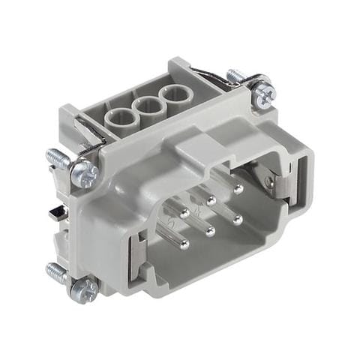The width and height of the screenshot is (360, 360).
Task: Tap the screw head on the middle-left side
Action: pyautogui.click(x=84, y=173)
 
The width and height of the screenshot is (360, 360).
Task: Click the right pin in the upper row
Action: pyautogui.click(x=238, y=189)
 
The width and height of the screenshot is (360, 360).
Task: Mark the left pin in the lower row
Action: pyautogui.click(x=182, y=244)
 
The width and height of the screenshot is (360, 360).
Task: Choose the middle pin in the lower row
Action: pyautogui.click(x=211, y=232)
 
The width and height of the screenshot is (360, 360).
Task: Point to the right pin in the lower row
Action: pyautogui.click(x=237, y=220)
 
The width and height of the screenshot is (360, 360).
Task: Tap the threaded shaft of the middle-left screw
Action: pyautogui.click(x=58, y=158)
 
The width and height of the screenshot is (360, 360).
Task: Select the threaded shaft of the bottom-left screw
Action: pyautogui.click(x=56, y=271)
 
